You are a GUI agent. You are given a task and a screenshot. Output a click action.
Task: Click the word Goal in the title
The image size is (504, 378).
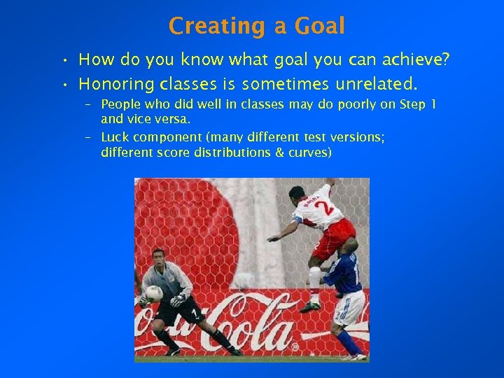coord(320,26)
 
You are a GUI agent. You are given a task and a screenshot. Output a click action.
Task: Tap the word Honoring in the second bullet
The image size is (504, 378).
coord(116,85)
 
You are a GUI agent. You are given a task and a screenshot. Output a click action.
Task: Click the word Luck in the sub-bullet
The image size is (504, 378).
coord(115,138)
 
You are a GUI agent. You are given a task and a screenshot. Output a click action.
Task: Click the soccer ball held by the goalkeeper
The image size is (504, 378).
coord(153,293)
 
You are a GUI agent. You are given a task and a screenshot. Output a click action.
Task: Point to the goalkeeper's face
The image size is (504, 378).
coord(159,261)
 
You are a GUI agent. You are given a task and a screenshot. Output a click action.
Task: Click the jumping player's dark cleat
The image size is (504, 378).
coord(309,306)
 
